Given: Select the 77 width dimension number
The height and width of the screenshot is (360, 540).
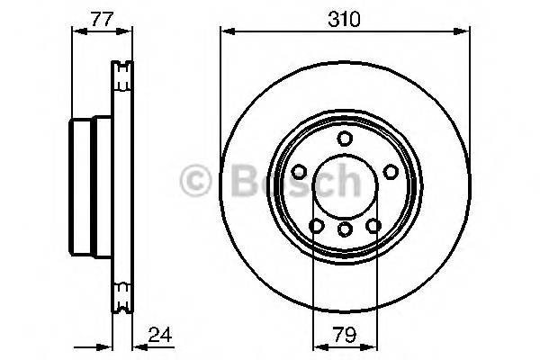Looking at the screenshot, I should click(100, 17).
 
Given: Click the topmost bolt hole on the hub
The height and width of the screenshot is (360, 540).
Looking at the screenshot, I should click(345, 139).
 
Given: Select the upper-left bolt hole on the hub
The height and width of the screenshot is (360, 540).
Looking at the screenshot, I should click(299, 170).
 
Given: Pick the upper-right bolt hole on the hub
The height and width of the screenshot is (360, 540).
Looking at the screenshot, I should click(390, 170).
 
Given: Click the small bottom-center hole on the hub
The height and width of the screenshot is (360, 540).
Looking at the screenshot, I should click(345, 230).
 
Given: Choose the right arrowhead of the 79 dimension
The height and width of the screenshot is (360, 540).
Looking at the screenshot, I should click(373, 346).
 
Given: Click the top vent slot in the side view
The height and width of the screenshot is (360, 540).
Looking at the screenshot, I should click(121, 70).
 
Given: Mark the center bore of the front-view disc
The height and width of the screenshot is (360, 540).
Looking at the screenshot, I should click(345, 185).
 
